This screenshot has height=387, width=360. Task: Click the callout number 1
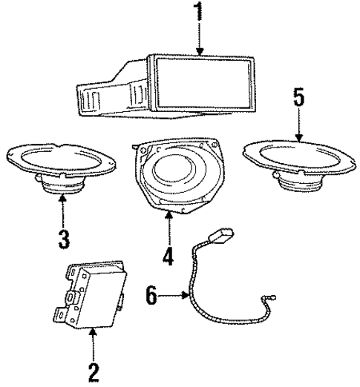click(199, 14)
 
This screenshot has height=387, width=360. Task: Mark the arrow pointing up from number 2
click(93, 342)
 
